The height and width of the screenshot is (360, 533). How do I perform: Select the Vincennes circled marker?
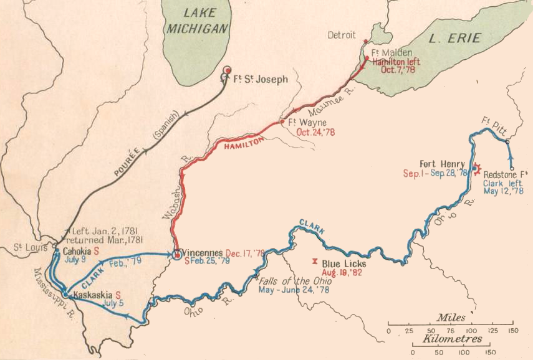177,253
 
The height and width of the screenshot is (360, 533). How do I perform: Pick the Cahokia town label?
76,251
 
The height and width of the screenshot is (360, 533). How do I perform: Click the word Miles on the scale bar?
451,318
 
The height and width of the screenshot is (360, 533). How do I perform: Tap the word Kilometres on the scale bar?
451,339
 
